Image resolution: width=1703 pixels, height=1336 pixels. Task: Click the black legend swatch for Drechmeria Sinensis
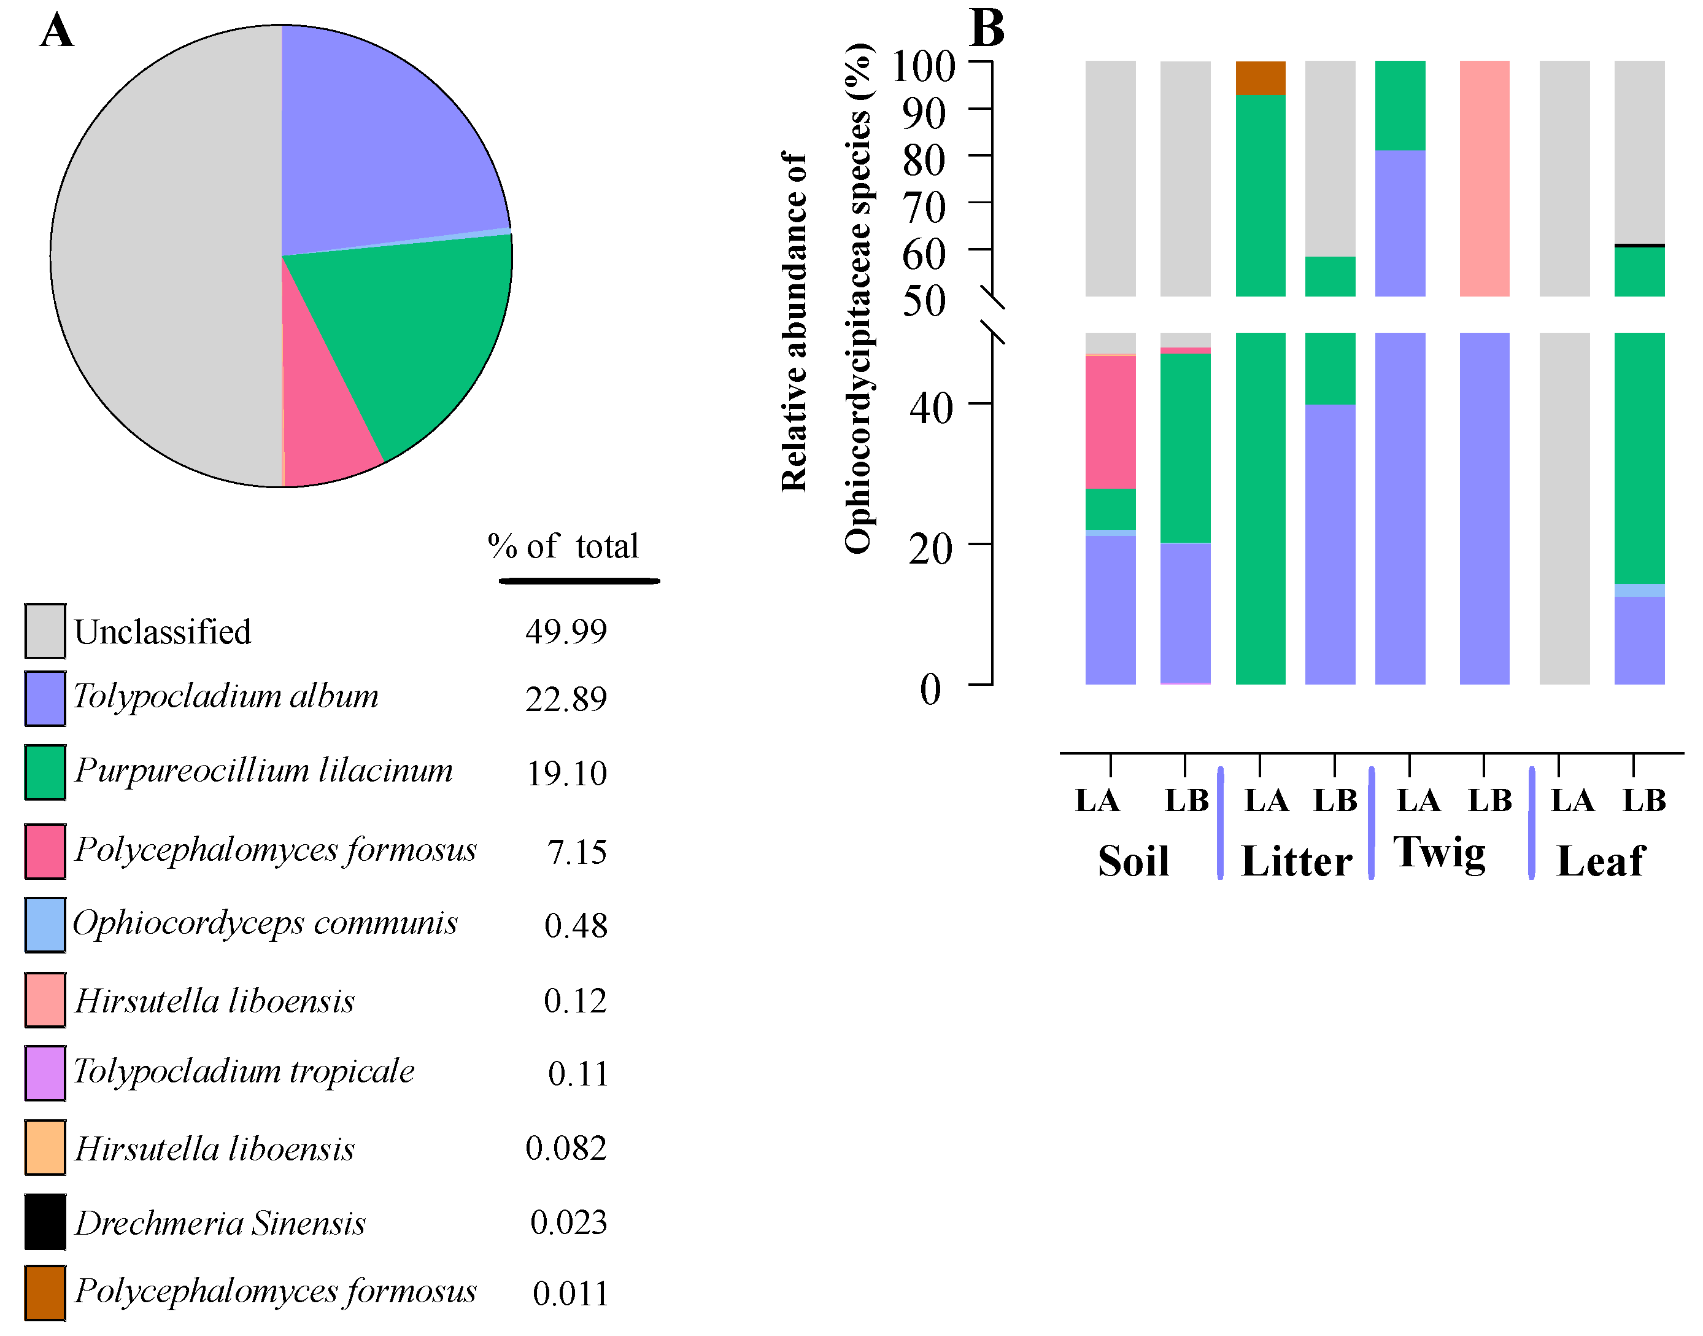[x=45, y=1222]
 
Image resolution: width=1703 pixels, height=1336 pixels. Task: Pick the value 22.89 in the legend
[x=565, y=699]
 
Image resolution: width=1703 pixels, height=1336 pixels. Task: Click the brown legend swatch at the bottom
[x=45, y=1292]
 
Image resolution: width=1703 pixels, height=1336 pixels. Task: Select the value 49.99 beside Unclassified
[x=565, y=631]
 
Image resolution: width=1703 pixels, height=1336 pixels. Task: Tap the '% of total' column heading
[x=563, y=546]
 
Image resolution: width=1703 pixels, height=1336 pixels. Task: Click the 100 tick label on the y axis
[x=922, y=66]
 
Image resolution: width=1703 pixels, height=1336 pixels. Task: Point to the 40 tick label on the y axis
[x=930, y=408]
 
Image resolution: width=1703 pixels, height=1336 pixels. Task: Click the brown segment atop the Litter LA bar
[x=1260, y=77]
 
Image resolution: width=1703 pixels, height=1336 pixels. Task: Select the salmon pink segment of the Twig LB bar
[x=1484, y=178]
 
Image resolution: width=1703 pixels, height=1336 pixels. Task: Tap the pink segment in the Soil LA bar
[x=1110, y=422]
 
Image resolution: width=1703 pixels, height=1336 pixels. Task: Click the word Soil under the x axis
[x=1133, y=861]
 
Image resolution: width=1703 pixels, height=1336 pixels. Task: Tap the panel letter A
[x=57, y=31]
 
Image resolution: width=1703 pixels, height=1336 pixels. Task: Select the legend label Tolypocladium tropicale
[x=244, y=1071]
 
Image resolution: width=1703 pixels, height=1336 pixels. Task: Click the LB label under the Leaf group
[x=1644, y=800]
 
